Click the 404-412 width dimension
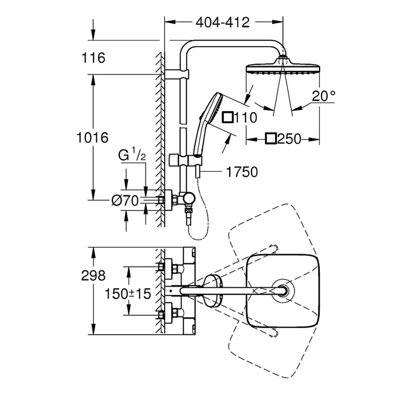(222, 22)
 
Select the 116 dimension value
(93, 58)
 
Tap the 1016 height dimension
(92, 138)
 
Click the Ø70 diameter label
(125, 200)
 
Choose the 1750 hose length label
(242, 172)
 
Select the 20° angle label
(323, 96)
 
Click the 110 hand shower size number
(246, 117)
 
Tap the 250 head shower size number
(289, 139)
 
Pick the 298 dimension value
(93, 275)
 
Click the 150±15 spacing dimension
(128, 294)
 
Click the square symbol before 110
(228, 117)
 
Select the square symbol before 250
(271, 139)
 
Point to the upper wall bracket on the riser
(176, 74)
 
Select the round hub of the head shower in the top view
(283, 290)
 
